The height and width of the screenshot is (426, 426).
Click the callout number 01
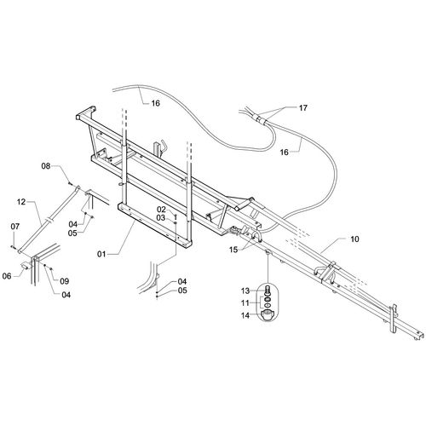(101, 254)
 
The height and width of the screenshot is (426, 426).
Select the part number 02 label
(161, 210)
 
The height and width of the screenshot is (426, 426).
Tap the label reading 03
(161, 218)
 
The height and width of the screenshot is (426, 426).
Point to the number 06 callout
(7, 276)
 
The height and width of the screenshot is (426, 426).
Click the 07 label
(15, 227)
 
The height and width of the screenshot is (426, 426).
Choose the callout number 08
(46, 166)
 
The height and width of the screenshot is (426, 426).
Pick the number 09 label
(65, 281)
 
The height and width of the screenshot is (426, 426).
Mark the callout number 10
(354, 239)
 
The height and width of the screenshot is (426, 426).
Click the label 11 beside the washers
(245, 303)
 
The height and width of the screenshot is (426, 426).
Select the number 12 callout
(21, 202)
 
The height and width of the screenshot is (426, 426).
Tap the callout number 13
(245, 291)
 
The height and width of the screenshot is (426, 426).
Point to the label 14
(245, 315)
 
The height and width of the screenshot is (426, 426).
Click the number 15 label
(233, 250)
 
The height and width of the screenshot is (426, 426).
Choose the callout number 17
(303, 108)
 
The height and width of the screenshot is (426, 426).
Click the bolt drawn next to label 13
(268, 291)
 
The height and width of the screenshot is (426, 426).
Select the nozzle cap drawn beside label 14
(267, 316)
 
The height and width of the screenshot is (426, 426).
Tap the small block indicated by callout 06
(25, 266)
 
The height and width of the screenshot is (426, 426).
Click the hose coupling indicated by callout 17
(260, 118)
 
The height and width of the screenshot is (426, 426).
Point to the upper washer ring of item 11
(268, 299)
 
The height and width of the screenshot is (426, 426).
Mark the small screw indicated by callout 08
(70, 184)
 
